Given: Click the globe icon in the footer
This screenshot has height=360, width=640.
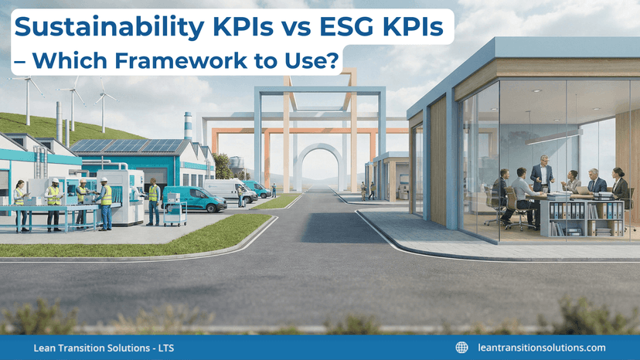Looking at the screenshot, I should pyautogui.click(x=462, y=348).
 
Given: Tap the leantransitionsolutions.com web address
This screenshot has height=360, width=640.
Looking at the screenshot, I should pyautogui.click(x=542, y=348).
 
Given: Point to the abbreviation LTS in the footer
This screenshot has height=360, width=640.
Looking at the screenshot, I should pyautogui.click(x=164, y=348).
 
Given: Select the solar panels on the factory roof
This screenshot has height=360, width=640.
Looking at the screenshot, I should pyautogui.click(x=128, y=146).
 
